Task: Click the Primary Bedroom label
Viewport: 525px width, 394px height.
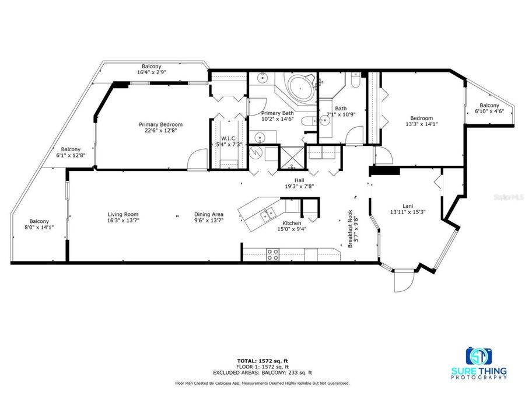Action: coord(160,124)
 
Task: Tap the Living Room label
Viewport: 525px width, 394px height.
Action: coord(123,214)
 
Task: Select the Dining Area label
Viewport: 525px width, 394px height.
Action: coord(209,214)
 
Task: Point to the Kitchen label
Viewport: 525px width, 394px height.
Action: coord(291,223)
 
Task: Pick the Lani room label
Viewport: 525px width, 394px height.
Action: coord(408,205)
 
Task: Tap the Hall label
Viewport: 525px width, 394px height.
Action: coord(299,180)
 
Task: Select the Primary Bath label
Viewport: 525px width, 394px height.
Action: coord(277,113)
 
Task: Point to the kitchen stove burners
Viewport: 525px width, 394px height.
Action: coord(272,254)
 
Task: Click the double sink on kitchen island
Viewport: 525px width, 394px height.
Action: coord(269,214)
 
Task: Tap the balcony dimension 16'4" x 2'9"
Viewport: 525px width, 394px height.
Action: coord(150,73)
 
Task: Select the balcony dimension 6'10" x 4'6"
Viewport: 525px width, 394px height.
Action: coord(489,111)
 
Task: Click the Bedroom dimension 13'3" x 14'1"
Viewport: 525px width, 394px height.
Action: coord(421,124)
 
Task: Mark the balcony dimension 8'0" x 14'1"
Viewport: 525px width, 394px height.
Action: coord(39,228)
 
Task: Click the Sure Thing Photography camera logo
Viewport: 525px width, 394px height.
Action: coord(478,356)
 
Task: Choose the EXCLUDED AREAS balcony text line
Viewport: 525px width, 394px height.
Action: coord(262,372)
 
